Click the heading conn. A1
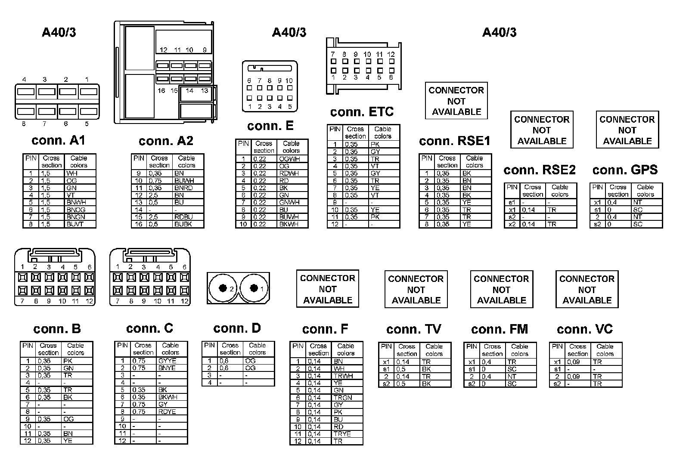(58, 140)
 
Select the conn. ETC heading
(362, 112)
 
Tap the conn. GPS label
(625, 170)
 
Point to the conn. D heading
(237, 328)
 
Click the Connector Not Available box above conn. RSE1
(456, 101)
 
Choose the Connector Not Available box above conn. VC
(587, 289)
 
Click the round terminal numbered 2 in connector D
(223, 288)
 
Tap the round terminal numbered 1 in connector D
(254, 288)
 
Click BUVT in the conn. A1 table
(75, 224)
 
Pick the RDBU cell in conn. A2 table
(183, 217)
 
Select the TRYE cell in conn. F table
(342, 434)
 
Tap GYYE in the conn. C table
(167, 361)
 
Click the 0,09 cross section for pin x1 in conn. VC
(574, 362)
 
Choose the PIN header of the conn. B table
(28, 346)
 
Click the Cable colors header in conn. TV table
(434, 350)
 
